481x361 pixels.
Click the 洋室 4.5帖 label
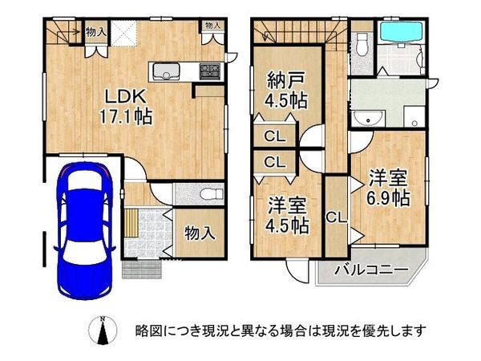coord(288,214)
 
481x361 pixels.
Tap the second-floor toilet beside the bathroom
coord(362,43)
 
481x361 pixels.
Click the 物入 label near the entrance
coord(199,233)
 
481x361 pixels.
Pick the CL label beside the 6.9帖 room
coord(337,217)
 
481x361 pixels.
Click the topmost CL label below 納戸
coord(273,135)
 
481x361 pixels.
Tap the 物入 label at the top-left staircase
coord(95,31)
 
